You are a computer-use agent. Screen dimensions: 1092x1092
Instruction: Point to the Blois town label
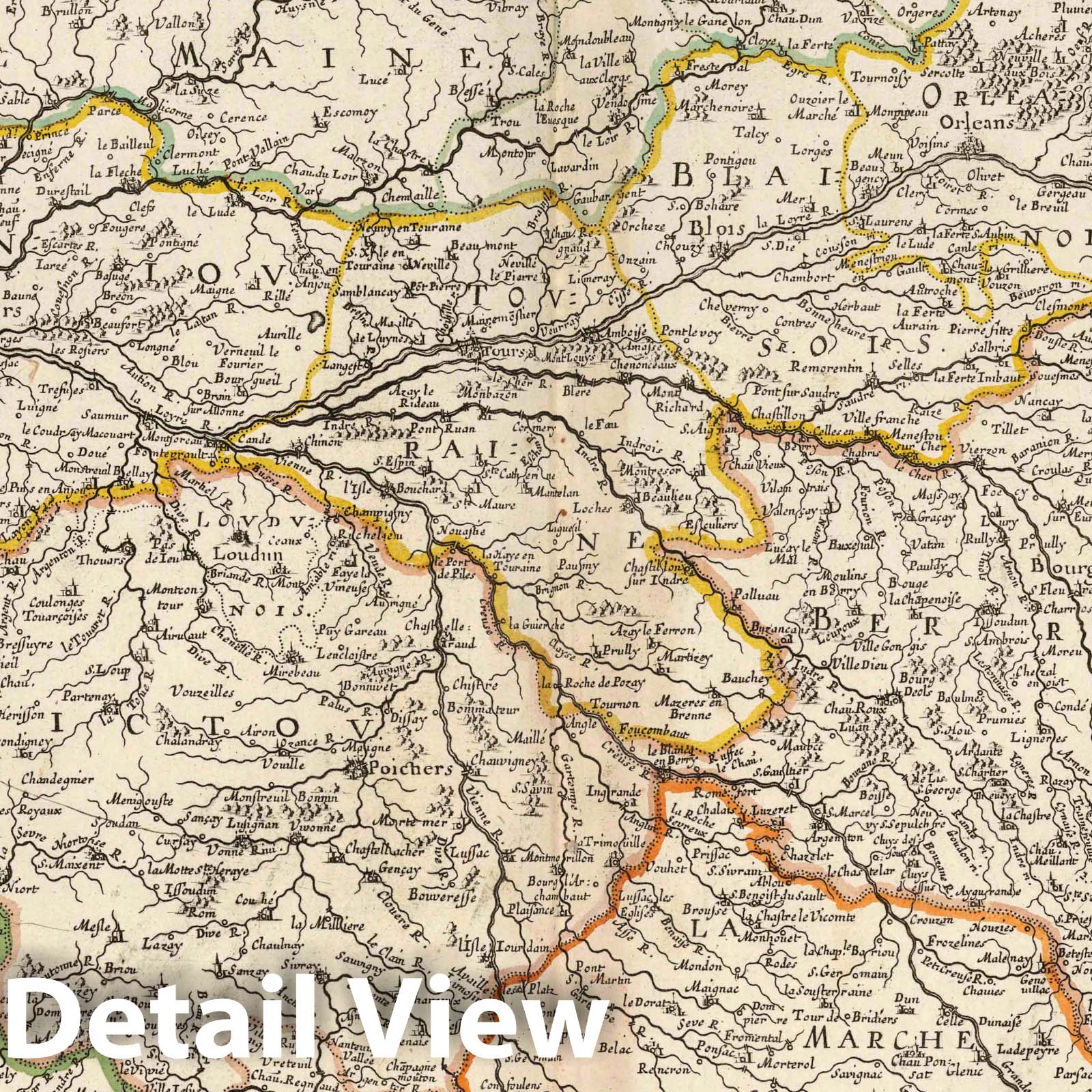(x=708, y=227)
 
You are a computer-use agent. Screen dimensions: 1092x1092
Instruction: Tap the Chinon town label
(x=317, y=442)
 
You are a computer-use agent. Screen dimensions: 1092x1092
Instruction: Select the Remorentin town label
(x=824, y=366)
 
